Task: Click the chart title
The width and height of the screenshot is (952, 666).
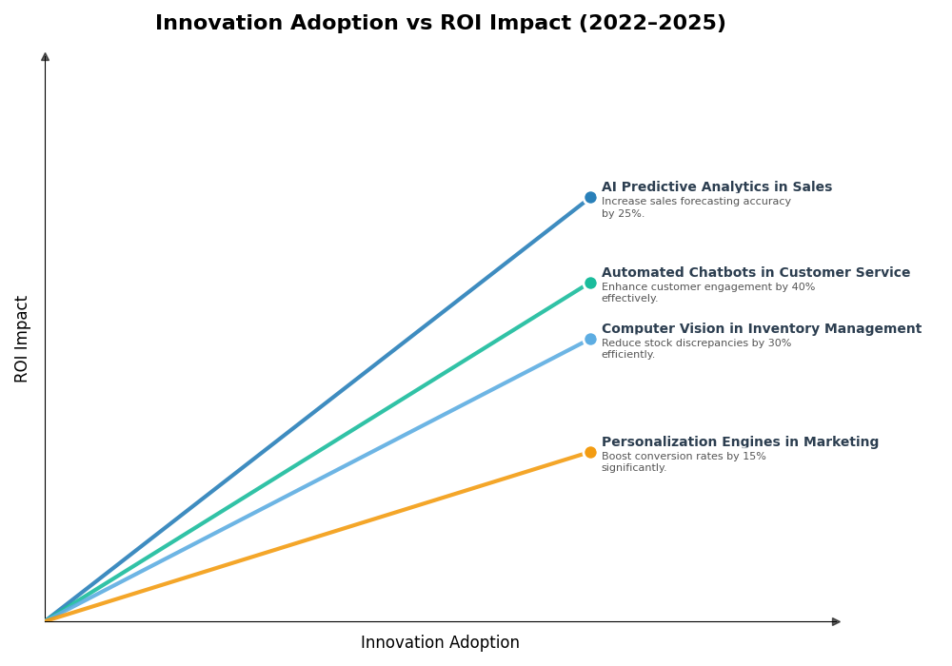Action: point(440,24)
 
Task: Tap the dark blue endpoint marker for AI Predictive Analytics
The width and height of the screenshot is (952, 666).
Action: point(590,198)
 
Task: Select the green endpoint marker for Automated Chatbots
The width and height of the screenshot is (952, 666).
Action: point(590,283)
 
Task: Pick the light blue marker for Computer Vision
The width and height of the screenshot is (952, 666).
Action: point(590,339)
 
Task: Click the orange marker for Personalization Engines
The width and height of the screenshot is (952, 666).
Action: point(590,452)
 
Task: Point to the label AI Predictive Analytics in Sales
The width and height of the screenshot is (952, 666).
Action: point(716,187)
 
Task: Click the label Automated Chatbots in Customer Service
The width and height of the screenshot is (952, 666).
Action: point(755,273)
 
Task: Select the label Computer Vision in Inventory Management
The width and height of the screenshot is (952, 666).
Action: point(761,329)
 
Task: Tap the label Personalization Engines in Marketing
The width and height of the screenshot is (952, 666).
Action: point(740,442)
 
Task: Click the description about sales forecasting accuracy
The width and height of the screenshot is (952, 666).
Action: point(695,207)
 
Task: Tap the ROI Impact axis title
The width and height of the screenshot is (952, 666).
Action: point(22,339)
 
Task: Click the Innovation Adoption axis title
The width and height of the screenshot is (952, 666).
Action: point(440,643)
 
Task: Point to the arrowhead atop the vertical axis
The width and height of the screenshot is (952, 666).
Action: point(45,57)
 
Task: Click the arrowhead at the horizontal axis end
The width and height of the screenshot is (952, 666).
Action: point(836,621)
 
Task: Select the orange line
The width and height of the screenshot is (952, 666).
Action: point(314,537)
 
